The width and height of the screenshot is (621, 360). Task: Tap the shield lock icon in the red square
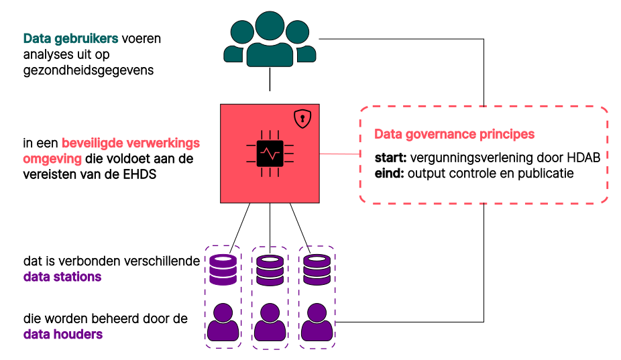click(304, 119)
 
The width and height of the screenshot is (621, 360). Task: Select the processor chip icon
click(270, 154)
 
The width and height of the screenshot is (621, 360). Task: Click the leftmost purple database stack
click(223, 269)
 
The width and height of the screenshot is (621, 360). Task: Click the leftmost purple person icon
click(223, 322)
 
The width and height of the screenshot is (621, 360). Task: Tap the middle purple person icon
click(270, 322)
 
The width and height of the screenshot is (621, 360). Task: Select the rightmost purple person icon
click(317, 322)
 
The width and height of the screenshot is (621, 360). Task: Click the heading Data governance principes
click(454, 134)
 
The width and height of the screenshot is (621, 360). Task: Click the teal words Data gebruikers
click(70, 39)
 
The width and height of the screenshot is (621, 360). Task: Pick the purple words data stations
click(62, 277)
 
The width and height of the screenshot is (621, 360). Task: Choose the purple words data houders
click(63, 333)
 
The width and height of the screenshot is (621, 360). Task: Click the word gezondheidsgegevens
click(88, 70)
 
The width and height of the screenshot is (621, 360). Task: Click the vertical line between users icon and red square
click(270, 82)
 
